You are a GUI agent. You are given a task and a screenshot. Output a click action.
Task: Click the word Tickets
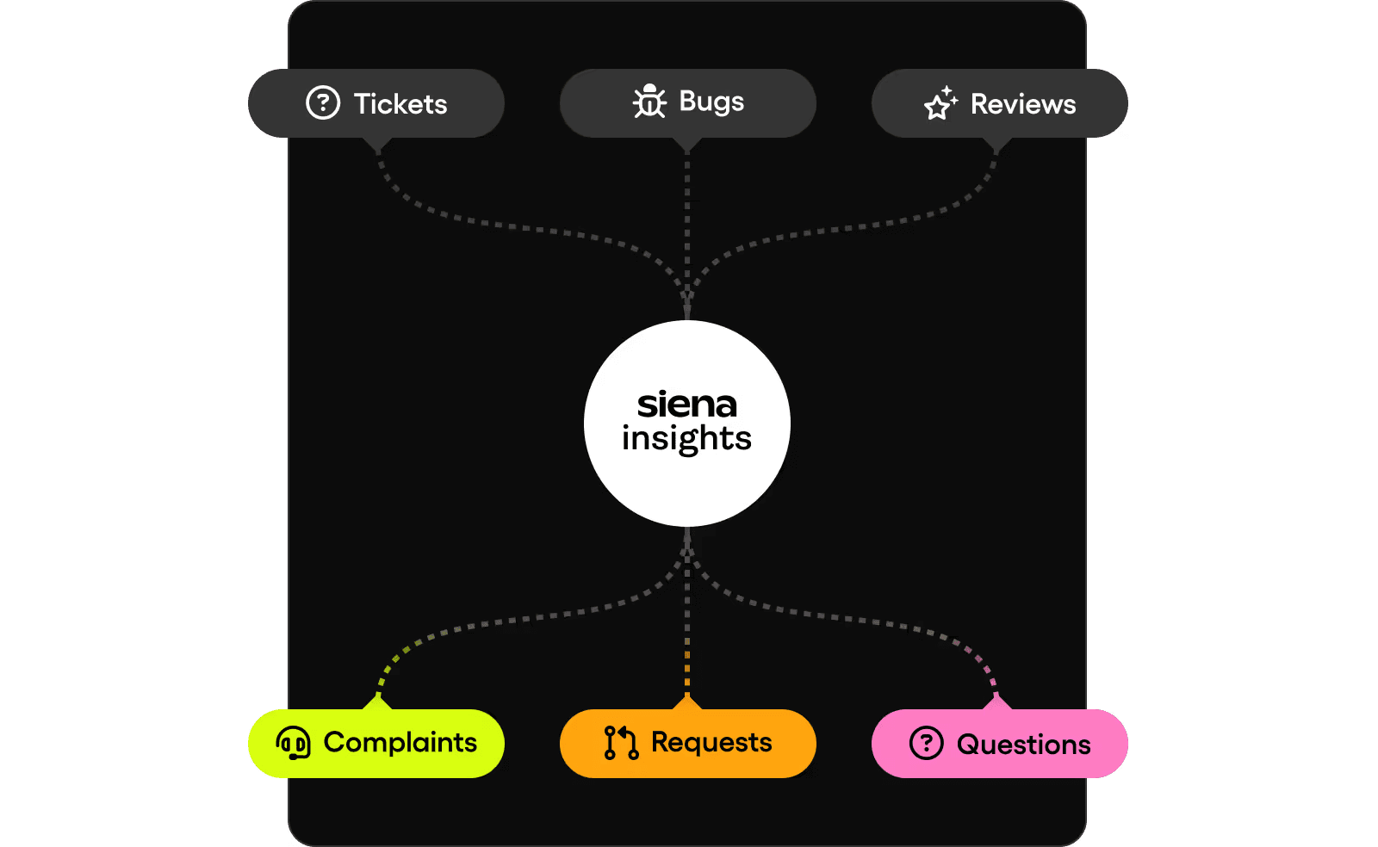click(x=400, y=104)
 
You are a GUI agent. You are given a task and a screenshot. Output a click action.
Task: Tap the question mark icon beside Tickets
click(x=323, y=103)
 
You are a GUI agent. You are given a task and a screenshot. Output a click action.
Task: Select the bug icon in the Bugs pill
click(x=649, y=102)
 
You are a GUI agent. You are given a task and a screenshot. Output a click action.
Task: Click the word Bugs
click(x=711, y=102)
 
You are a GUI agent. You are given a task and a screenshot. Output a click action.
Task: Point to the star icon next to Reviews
click(x=940, y=104)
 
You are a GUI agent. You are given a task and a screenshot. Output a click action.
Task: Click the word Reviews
click(x=1023, y=104)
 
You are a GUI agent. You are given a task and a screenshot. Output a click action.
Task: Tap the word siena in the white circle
click(x=686, y=405)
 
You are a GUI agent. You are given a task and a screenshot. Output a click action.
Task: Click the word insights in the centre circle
click(x=686, y=439)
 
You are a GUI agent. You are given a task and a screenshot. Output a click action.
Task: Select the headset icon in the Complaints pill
click(x=294, y=742)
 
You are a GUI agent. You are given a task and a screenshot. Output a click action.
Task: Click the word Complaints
click(x=400, y=742)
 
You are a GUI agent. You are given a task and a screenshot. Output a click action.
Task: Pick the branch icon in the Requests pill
click(x=621, y=742)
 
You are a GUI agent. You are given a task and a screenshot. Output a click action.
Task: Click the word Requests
click(x=711, y=742)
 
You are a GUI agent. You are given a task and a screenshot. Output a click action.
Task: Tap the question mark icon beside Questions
click(x=927, y=743)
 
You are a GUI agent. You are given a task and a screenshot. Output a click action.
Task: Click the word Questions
click(x=1024, y=745)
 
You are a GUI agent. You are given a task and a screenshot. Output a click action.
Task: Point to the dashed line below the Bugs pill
click(x=686, y=215)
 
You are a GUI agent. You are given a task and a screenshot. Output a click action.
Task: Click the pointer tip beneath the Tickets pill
click(x=378, y=148)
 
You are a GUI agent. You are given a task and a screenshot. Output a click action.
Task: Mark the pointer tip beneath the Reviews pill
click(x=996, y=149)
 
